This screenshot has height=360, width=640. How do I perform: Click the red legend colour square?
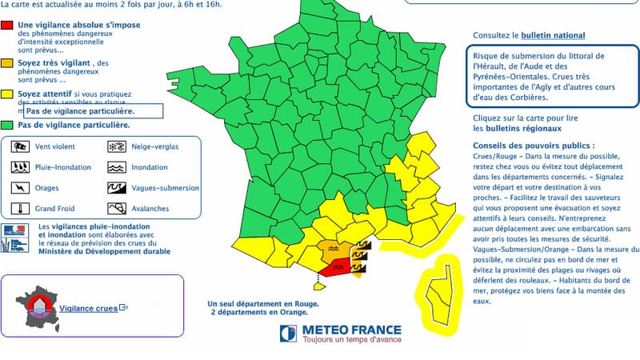[7, 26]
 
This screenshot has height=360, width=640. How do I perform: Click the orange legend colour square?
[7, 62]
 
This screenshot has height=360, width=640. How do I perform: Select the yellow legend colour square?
[7, 94]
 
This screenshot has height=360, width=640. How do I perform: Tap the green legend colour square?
[7, 125]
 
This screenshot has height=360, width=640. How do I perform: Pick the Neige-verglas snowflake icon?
[116, 146]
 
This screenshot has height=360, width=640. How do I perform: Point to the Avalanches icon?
[116, 209]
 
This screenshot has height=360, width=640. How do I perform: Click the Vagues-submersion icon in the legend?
[116, 188]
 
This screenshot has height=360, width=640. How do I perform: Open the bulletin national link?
[553, 36]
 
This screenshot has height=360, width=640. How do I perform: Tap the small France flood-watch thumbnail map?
[38, 303]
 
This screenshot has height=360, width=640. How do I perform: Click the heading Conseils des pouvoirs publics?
[533, 146]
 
